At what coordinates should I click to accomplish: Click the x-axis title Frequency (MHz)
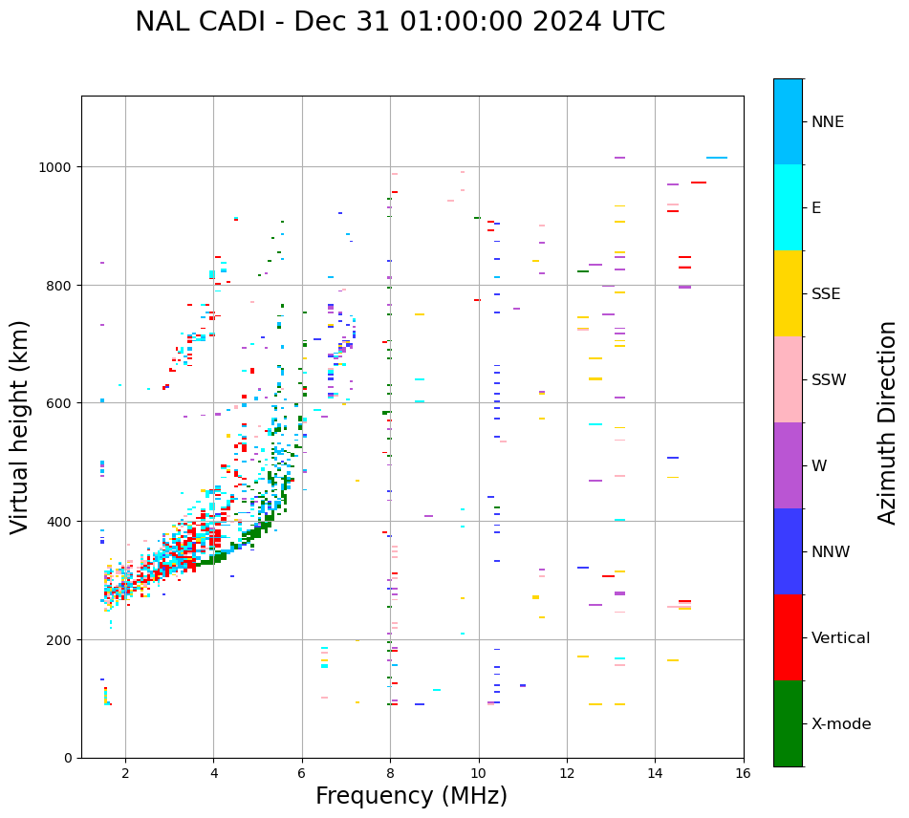pos(411,796)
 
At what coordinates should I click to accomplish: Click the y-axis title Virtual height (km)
pos(20,426)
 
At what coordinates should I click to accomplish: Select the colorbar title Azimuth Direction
pos(888,422)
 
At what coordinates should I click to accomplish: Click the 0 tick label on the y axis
pos(68,758)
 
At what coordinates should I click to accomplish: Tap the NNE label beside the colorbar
pos(828,122)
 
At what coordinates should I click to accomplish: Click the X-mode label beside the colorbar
pos(841,724)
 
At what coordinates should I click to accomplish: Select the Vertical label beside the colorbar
pos(841,638)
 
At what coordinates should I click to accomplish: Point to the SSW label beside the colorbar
pos(829,380)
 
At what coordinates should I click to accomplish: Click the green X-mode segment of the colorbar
pos(788,723)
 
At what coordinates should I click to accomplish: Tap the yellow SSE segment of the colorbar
pos(788,293)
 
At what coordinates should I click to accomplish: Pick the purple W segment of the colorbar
pos(788,465)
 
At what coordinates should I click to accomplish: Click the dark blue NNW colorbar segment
pos(788,551)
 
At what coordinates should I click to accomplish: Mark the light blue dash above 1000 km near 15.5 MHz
pos(717,158)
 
